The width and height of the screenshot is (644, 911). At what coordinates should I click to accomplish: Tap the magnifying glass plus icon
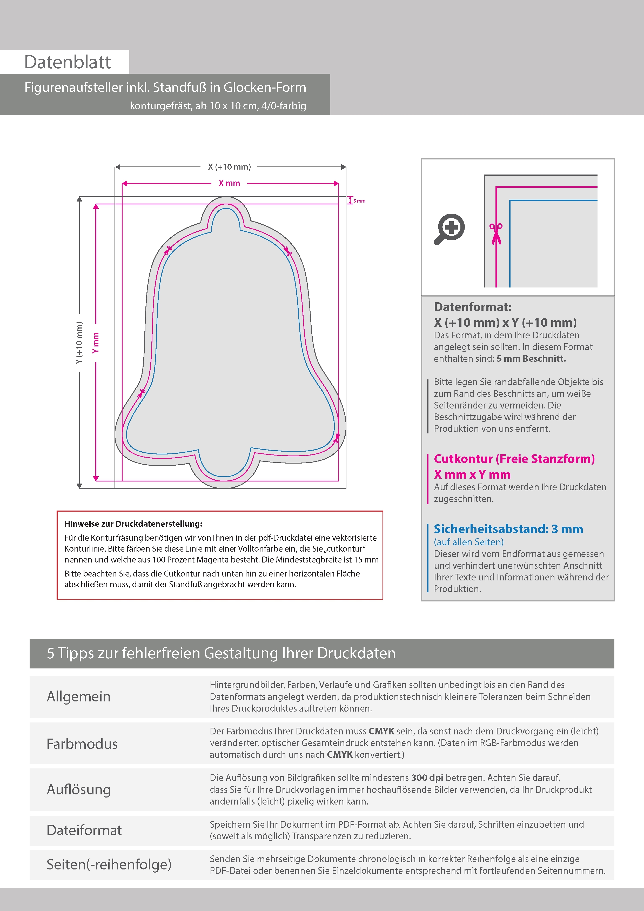coord(450,229)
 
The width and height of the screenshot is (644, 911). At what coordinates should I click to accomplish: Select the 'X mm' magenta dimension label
coord(229,183)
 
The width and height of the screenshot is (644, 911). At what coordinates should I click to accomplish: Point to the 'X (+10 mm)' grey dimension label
coord(229,167)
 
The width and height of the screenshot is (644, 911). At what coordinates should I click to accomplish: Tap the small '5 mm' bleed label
coord(359,201)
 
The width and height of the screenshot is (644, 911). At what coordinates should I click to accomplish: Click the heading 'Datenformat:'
coord(473,307)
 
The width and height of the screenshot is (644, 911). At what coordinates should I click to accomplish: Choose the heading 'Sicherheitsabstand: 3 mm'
coord(508,529)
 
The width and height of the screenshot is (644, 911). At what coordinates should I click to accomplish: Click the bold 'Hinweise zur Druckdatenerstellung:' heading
coord(133,524)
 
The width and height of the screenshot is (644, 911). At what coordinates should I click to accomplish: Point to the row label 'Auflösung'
coord(79,789)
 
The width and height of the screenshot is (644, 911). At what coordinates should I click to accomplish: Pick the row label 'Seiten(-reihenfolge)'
coord(109,865)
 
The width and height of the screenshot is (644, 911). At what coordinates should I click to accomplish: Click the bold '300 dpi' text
coord(427,778)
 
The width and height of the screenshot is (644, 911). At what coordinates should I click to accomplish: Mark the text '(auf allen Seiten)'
coord(469,542)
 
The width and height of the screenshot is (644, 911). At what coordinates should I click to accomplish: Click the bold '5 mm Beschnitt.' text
coord(531,359)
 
